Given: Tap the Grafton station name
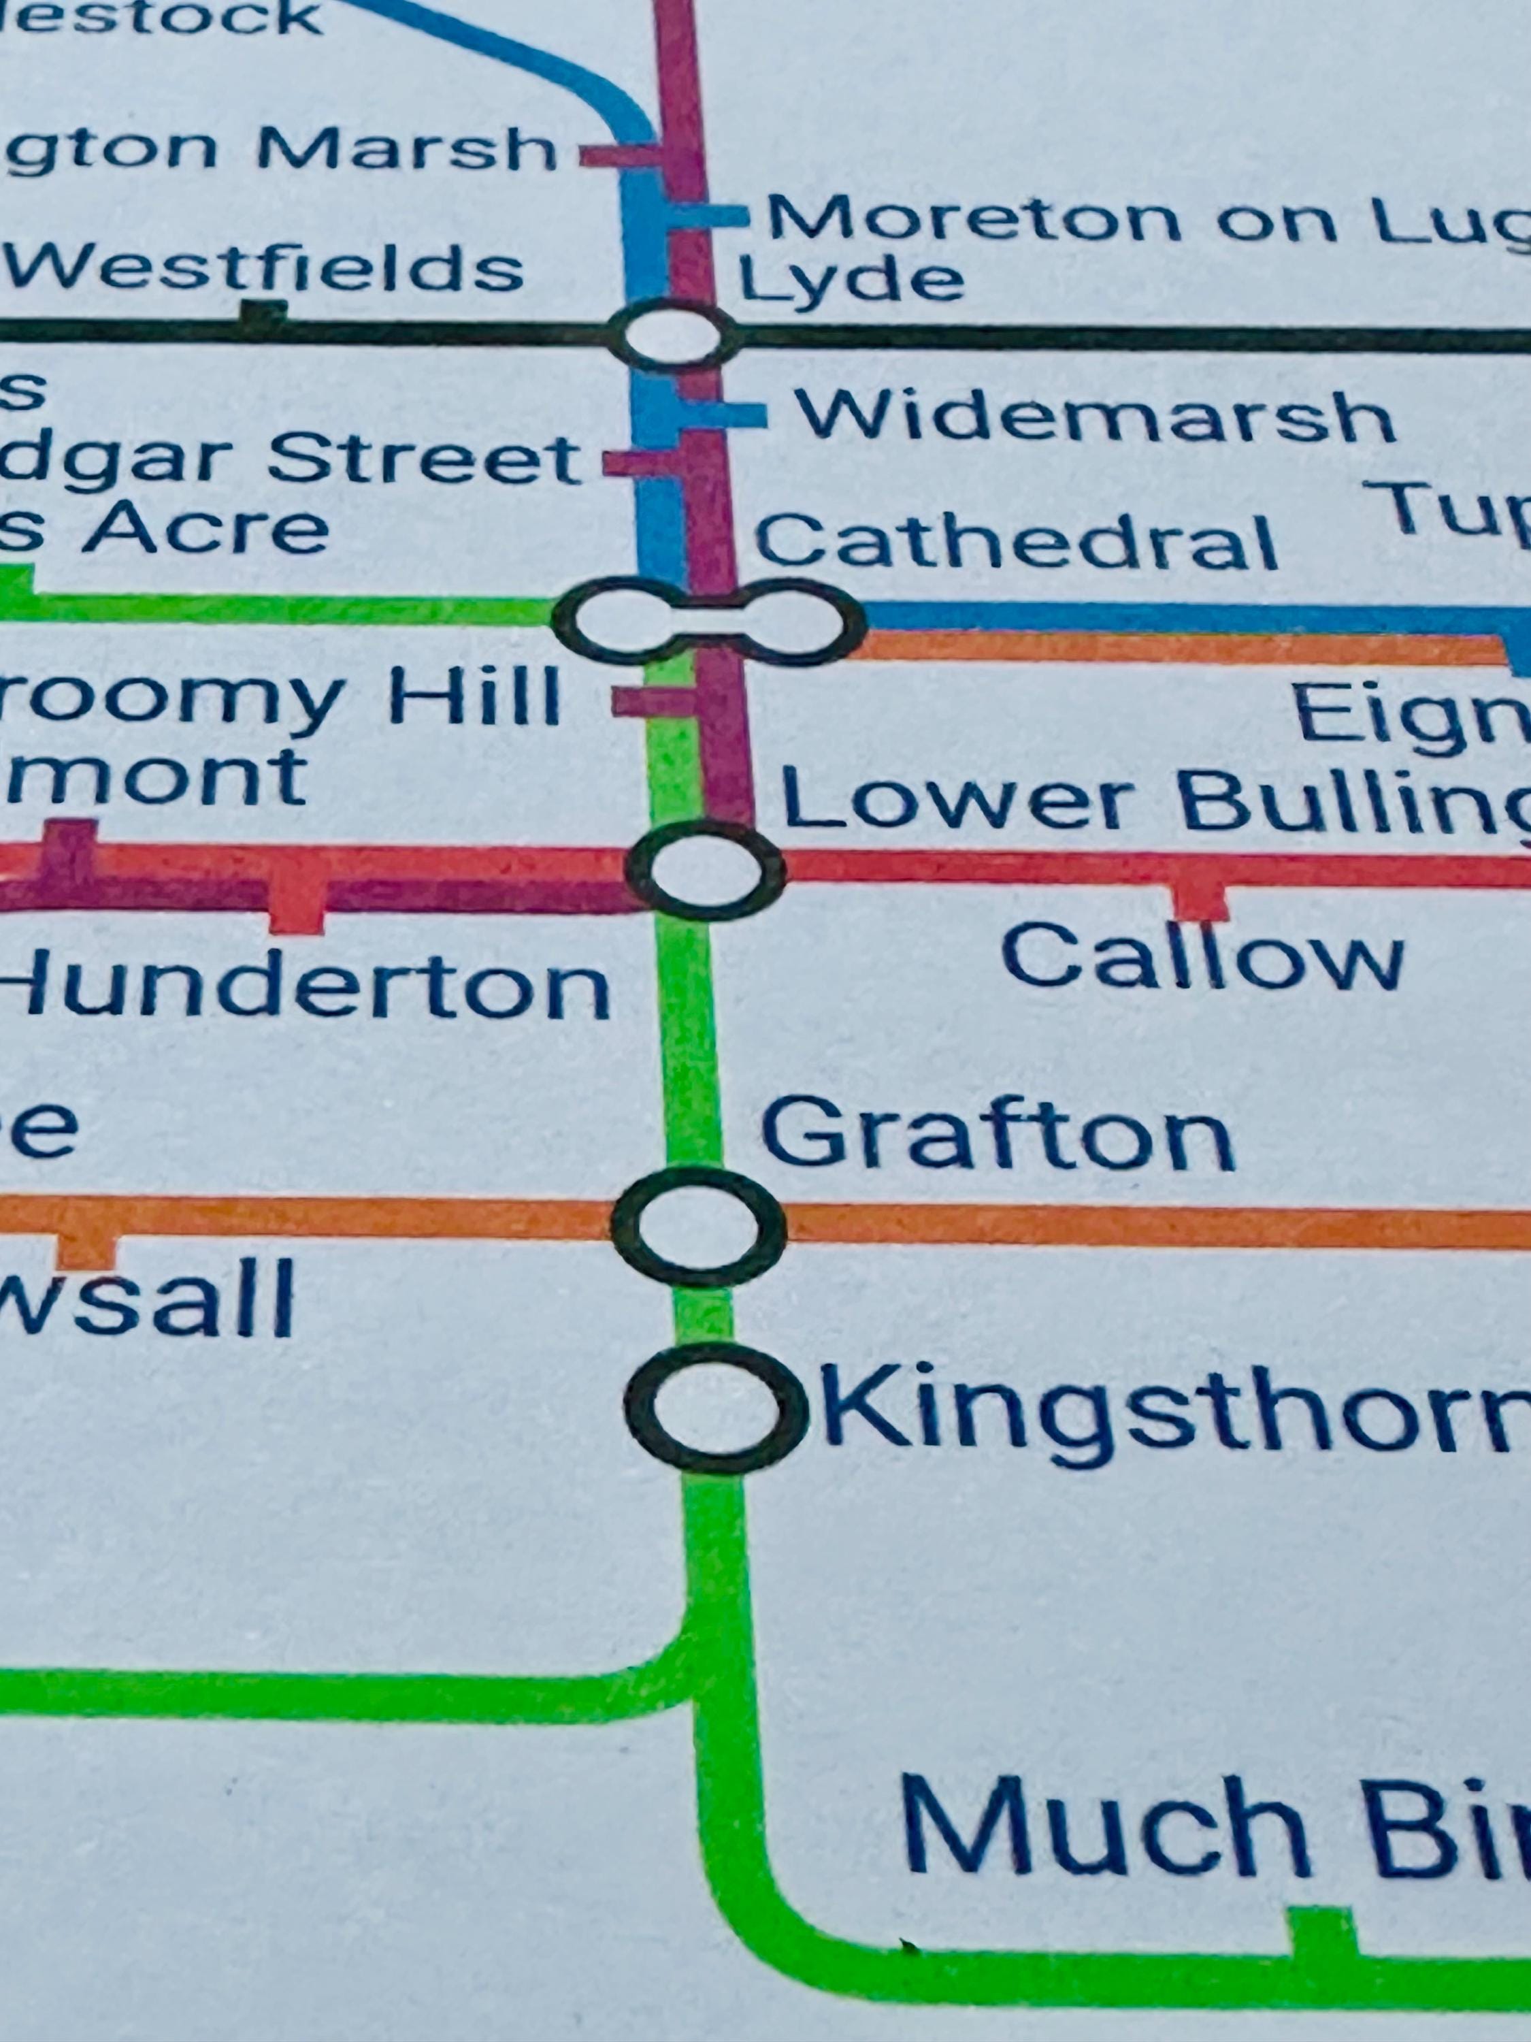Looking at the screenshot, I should tap(997, 1133).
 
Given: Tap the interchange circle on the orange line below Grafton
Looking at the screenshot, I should tap(699, 1226).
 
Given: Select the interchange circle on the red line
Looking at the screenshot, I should tap(705, 871).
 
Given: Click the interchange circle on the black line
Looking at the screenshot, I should tap(676, 335).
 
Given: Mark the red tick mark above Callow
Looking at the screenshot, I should tap(1202, 900).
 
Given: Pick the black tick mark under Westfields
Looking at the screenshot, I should tap(263, 314).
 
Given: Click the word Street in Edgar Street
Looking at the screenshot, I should tap(425, 459).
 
